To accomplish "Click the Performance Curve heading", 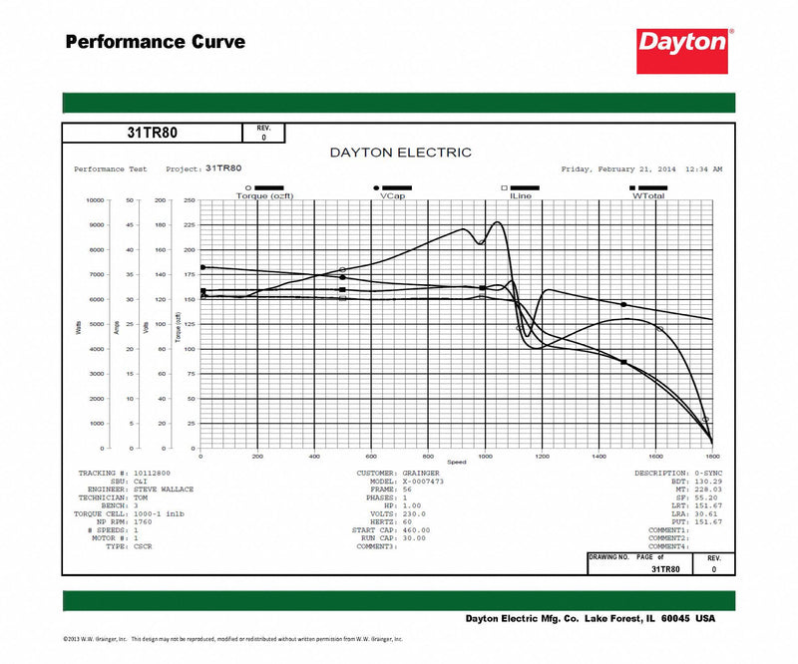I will pos(155,42).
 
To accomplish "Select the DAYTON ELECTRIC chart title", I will pos(400,153).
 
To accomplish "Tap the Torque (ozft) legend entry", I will pos(265,195).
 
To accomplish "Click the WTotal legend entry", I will pos(648,195).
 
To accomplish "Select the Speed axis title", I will pos(457,463).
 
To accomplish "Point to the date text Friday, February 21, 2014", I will pos(618,169).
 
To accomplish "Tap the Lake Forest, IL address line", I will pos(591,618).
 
